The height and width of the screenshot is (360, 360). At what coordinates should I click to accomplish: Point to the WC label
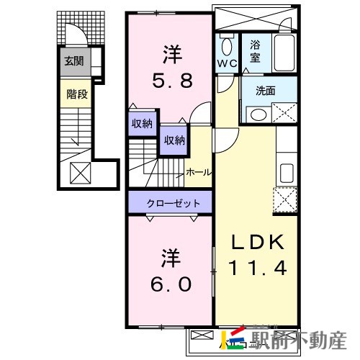(227, 62)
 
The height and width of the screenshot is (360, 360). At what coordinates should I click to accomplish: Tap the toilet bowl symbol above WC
(227, 47)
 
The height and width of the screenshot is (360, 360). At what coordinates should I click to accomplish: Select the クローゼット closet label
(171, 203)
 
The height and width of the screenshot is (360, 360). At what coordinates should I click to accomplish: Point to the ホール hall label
(199, 173)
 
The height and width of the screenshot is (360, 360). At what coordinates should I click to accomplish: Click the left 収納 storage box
(142, 124)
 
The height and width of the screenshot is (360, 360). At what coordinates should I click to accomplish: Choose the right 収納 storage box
(173, 140)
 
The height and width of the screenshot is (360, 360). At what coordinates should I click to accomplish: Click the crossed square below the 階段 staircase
(78, 172)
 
